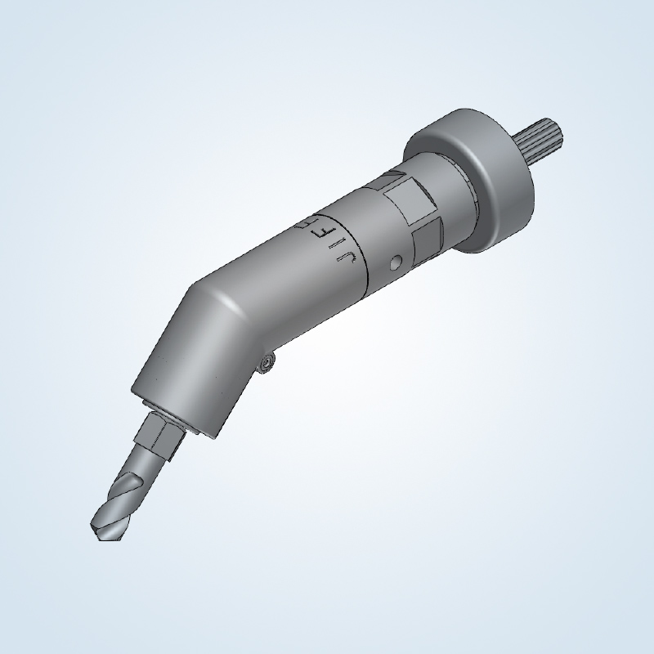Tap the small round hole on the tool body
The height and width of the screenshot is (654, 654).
point(396,263)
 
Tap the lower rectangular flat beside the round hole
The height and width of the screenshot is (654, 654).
point(427,243)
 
